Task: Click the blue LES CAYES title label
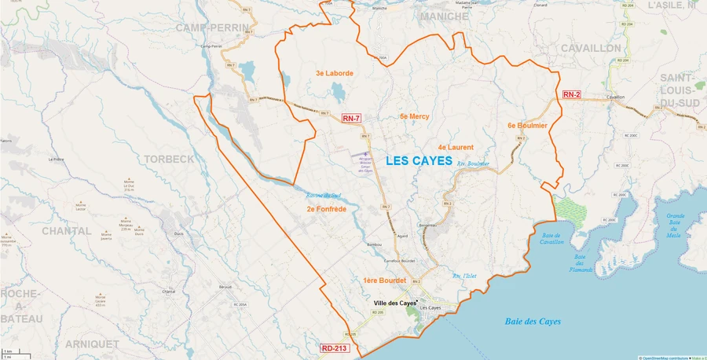[419, 161]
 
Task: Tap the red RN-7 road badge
[351, 119]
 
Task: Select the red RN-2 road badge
[571, 94]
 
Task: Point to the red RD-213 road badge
[333, 348]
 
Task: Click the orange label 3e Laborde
[335, 73]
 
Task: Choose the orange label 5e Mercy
[414, 116]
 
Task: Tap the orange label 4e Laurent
[456, 147]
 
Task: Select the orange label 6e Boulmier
[527, 125]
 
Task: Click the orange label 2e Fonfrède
[327, 209]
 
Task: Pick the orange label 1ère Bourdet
[384, 281]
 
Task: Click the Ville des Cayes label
[394, 303]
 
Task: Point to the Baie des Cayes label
[533, 321]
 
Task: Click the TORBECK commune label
[169, 159]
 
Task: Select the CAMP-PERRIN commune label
[212, 28]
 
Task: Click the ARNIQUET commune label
[92, 344]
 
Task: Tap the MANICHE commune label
[445, 16]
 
